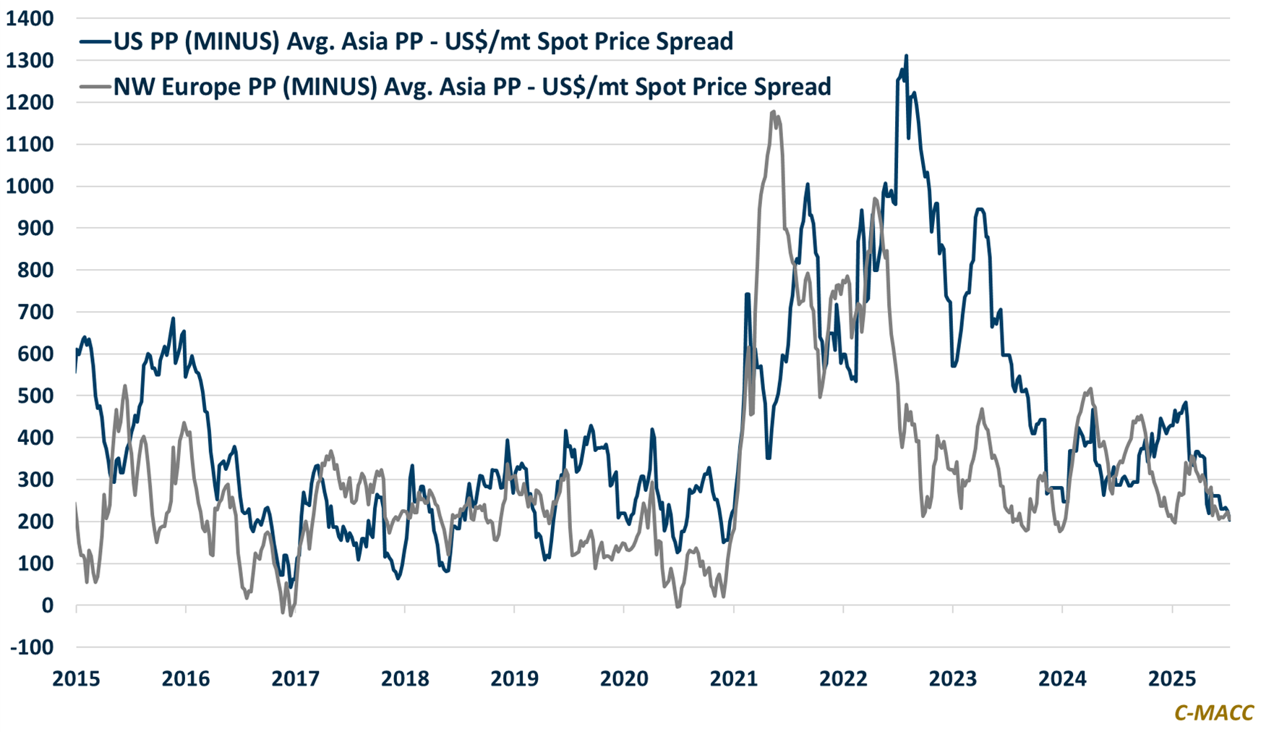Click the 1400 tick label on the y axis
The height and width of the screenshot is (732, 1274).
(x=30, y=19)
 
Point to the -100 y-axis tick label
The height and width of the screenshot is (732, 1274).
(x=32, y=647)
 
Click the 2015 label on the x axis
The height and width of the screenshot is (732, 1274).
(x=76, y=678)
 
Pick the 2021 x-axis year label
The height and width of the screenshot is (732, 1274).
(x=733, y=678)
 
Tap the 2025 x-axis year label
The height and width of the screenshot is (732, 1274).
(x=1172, y=678)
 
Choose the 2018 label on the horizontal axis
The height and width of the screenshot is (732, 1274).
(x=405, y=678)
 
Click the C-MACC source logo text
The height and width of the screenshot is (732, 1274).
(x=1214, y=712)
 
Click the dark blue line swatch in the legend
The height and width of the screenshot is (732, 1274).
(x=95, y=41)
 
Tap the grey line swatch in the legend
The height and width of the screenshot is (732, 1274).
(x=95, y=87)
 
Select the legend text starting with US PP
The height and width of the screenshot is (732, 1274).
(x=423, y=41)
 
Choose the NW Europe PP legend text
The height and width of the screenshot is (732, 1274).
(x=472, y=87)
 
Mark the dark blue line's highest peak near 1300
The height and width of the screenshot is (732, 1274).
(x=906, y=56)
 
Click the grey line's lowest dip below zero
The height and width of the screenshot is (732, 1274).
(x=291, y=616)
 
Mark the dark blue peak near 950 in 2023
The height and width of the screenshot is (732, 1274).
(x=980, y=209)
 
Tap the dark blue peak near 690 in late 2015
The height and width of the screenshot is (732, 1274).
(x=173, y=318)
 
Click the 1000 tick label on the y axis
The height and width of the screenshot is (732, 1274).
(x=30, y=187)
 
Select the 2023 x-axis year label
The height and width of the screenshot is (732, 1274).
(x=952, y=678)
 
